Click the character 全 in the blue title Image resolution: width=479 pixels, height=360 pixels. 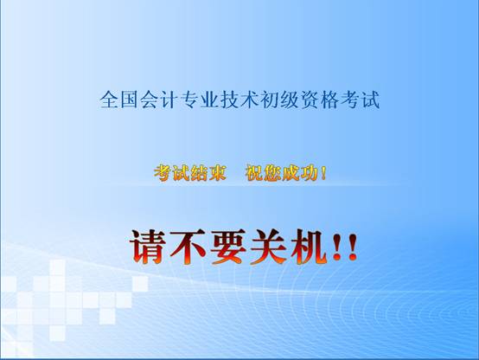109,100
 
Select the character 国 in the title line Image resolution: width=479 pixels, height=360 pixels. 129,100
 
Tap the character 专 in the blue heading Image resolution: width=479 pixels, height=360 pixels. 189,100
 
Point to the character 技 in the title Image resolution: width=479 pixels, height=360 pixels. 230,100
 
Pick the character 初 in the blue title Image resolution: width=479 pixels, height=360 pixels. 270,100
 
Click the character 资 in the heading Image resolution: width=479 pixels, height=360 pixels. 310,100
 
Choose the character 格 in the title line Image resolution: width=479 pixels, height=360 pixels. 330,100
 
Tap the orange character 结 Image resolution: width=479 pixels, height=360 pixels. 199,173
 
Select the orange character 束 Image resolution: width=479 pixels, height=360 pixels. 218,173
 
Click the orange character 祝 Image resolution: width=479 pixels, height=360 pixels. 254,173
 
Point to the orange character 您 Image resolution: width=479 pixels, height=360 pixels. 272,173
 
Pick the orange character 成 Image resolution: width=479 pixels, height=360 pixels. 291,173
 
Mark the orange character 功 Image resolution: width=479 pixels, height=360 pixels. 309,173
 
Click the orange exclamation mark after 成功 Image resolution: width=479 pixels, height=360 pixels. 323,173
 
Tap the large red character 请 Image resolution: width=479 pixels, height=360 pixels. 148,247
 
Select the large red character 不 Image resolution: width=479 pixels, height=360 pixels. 188,247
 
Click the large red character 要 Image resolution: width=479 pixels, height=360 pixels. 228,247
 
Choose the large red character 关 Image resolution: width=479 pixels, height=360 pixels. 269,247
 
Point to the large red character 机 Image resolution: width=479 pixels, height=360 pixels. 309,247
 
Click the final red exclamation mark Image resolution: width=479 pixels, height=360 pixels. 352,247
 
